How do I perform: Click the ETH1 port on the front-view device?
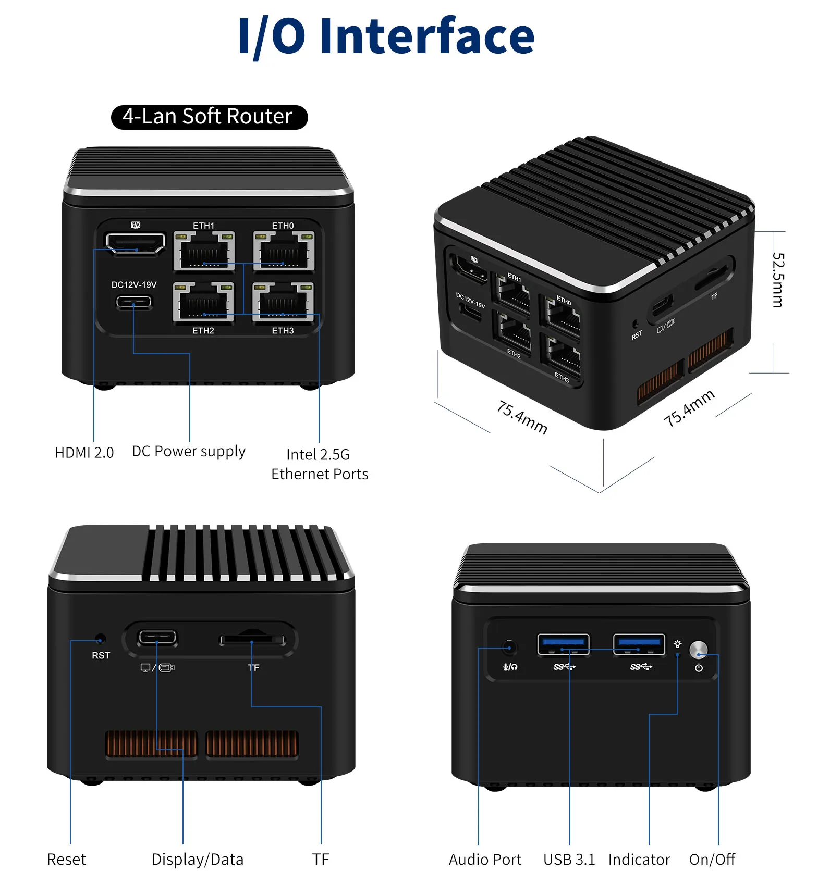click(204, 252)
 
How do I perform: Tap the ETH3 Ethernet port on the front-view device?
click(283, 302)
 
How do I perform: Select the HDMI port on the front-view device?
click(135, 243)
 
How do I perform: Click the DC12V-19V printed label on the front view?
click(134, 285)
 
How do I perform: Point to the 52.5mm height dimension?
click(777, 280)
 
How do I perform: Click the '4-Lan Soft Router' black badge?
click(209, 117)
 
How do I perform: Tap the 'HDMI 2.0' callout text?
click(84, 453)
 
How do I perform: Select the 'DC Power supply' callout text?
click(188, 451)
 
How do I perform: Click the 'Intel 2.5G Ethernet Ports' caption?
click(319, 464)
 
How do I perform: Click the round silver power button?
click(698, 649)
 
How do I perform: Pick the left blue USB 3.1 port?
click(563, 644)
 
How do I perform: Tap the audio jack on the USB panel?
click(509, 648)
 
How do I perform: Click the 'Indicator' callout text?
click(639, 860)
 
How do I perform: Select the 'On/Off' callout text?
click(712, 860)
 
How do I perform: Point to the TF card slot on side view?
click(252, 640)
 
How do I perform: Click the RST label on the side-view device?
click(101, 655)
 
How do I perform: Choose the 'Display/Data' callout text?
click(197, 860)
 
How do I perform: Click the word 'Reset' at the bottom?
click(66, 860)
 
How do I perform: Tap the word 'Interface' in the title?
click(427, 36)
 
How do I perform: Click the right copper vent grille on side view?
click(252, 743)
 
